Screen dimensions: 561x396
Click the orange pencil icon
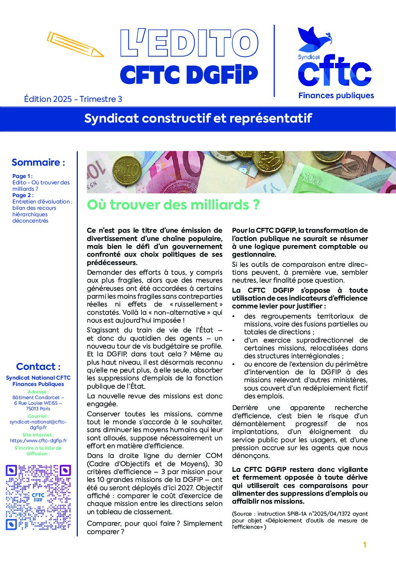(75, 45)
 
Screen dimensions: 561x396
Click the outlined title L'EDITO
(189, 43)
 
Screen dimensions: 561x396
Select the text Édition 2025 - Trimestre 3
(73, 99)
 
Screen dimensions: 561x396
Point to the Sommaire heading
(38, 162)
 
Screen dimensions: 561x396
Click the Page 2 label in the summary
(22, 195)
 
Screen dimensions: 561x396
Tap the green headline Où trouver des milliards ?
(173, 205)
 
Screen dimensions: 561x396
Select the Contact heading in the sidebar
(38, 367)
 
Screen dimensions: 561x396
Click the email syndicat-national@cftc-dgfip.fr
(38, 425)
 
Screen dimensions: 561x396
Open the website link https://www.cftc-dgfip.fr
(38, 441)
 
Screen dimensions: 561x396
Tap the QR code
(38, 497)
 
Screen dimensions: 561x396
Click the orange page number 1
(365, 545)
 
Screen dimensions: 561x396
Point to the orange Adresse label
(38, 392)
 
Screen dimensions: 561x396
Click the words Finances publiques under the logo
(336, 96)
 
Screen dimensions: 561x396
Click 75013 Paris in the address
(38, 408)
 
